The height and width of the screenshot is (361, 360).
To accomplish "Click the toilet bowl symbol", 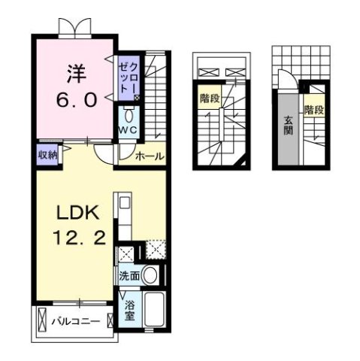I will pos(129,117).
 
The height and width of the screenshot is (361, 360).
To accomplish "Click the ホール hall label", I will pos(149,156).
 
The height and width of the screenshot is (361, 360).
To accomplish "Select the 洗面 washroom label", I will pos(129,276).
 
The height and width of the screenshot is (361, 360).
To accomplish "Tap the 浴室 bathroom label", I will pos(131,311).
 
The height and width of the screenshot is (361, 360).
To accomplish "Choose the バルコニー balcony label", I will pos(75,322).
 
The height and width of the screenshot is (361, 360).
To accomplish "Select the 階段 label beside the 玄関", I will pos(314,111).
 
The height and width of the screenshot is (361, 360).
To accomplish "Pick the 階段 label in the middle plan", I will pos(210,98).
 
